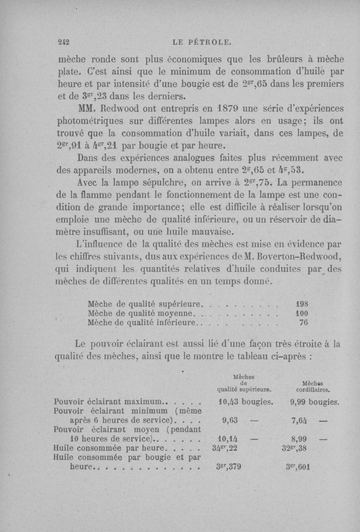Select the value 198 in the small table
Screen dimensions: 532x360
pyautogui.click(x=301, y=305)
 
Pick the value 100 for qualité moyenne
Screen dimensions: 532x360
pyautogui.click(x=301, y=313)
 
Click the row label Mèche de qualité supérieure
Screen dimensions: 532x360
pyautogui.click(x=144, y=305)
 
